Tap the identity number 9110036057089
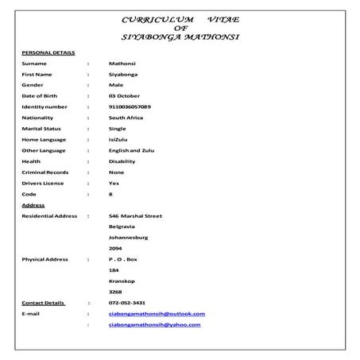pyautogui.click(x=130, y=106)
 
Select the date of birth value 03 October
pyautogui.click(x=124, y=95)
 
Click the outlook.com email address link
pyautogui.click(x=157, y=314)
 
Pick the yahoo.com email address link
pyautogui.click(x=154, y=325)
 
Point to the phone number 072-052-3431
pyautogui.click(x=127, y=303)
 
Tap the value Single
pyautogui.click(x=117, y=127)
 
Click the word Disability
pyautogui.click(x=122, y=161)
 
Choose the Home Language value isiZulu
pyautogui.click(x=119, y=138)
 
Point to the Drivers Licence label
pyautogui.click(x=45, y=182)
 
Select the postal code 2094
pyautogui.click(x=115, y=248)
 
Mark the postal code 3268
pyautogui.click(x=115, y=292)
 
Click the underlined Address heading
pyautogui.click(x=33, y=204)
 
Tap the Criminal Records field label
pyautogui.click(x=45, y=172)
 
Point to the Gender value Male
pyautogui.click(x=116, y=83)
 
